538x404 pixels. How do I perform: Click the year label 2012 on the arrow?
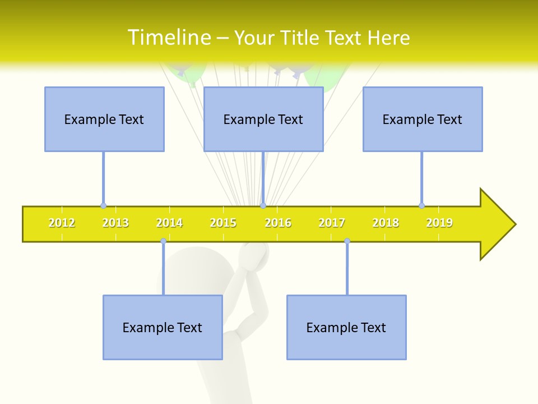point(62,223)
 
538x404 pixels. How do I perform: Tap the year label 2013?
point(115,223)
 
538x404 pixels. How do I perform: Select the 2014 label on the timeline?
point(169,223)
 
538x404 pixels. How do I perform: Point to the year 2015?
point(223,223)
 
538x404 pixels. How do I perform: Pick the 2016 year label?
point(278,223)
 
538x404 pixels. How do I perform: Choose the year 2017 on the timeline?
point(332,223)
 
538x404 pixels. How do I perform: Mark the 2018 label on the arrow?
point(386,223)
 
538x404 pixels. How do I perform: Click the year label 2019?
point(439,223)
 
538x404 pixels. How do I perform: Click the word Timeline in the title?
point(169,38)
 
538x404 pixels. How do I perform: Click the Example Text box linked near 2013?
point(104,119)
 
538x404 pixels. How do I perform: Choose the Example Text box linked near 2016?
point(263,119)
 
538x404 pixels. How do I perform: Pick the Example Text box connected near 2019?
point(423,119)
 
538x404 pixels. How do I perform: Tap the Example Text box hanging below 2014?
point(163,327)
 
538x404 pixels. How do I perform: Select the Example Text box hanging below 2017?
point(346,327)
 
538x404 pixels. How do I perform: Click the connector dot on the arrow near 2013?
point(103,205)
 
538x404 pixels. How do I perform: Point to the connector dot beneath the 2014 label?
point(163,241)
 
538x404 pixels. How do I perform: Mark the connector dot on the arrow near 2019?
point(421,205)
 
